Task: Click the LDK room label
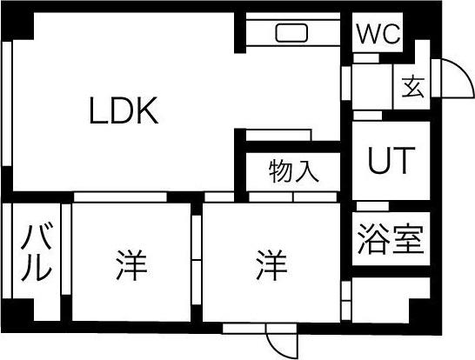click(124, 110)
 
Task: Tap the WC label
click(378, 34)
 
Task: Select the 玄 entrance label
click(413, 87)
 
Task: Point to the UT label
click(391, 161)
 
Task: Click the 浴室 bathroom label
click(391, 239)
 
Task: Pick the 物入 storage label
click(293, 171)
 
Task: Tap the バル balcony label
click(37, 252)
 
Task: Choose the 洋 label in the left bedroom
click(131, 265)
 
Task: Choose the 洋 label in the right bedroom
click(271, 265)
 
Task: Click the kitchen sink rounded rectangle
click(291, 33)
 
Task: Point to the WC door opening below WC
click(366, 58)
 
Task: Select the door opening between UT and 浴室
click(372, 206)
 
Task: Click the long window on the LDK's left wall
click(7, 103)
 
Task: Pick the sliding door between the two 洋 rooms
click(197, 260)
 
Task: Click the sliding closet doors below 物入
click(293, 197)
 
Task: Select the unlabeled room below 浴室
click(391, 300)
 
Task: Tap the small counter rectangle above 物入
click(278, 135)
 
